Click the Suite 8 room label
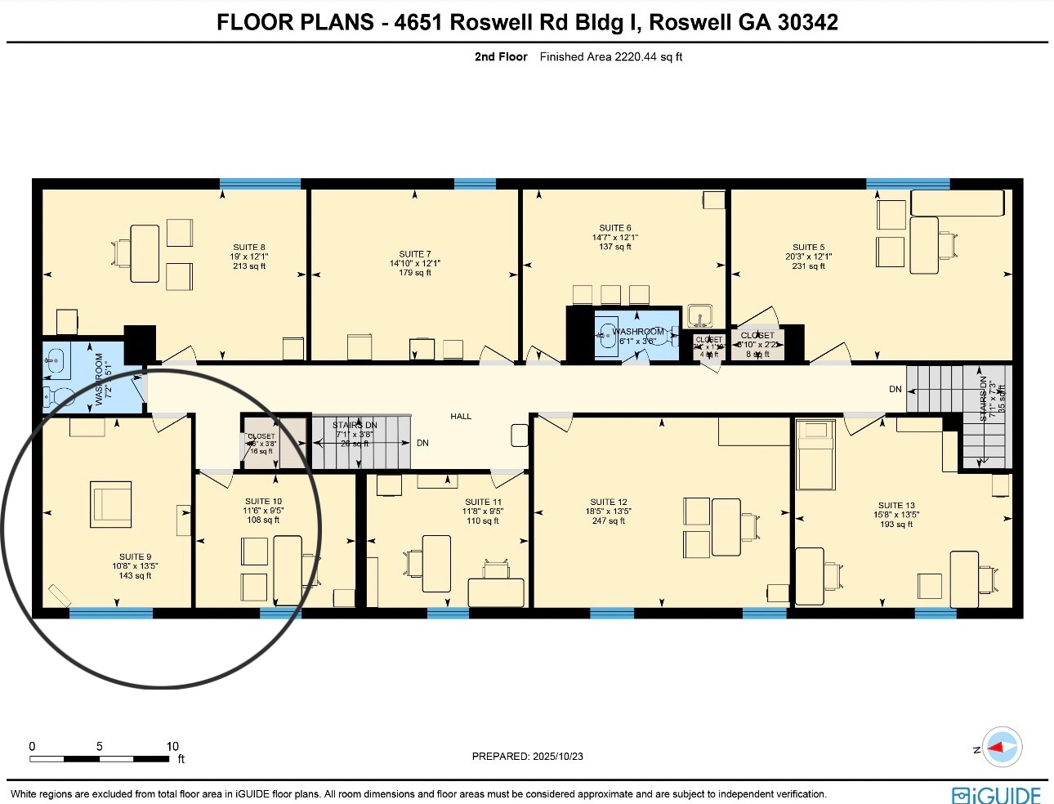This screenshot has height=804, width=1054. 249,247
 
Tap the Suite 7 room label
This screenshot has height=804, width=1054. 415,254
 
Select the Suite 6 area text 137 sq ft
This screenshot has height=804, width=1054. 615,247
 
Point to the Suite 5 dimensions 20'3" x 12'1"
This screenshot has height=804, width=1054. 808,257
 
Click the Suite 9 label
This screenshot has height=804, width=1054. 135,556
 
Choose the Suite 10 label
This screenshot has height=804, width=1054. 263,502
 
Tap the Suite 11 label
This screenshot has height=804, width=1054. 483,502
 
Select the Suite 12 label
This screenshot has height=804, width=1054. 609,502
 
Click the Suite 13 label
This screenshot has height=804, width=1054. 896,506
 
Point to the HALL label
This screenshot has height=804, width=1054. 461,417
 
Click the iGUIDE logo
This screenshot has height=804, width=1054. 996,795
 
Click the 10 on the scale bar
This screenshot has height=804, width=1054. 172,746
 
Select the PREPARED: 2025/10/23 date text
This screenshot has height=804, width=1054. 527,757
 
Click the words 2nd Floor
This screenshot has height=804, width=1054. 501,57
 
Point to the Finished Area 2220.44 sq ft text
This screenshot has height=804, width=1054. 610,57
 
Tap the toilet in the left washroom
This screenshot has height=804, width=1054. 58,398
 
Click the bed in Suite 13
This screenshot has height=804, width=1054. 815,454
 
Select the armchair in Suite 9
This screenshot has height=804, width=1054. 111,504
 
